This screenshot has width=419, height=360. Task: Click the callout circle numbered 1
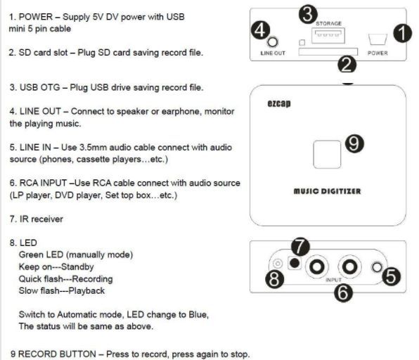(x=402, y=33)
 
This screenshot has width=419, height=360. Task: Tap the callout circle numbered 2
(x=347, y=64)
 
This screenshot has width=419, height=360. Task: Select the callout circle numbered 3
(x=308, y=14)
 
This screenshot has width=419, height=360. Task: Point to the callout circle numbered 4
(x=261, y=30)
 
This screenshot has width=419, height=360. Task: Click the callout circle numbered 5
(x=391, y=276)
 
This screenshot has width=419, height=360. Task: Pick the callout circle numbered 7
(x=300, y=246)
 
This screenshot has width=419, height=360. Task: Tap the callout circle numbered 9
(x=354, y=143)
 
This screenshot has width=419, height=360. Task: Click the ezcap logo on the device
(x=279, y=103)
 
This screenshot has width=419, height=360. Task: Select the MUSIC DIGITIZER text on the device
(x=328, y=191)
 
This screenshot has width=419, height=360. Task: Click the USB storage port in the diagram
(x=328, y=35)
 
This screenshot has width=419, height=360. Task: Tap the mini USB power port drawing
(x=378, y=39)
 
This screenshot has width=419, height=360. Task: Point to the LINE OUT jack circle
(x=273, y=42)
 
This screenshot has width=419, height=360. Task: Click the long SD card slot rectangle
(x=328, y=51)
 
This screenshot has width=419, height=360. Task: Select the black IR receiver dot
(x=295, y=263)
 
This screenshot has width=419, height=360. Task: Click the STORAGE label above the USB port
(x=329, y=23)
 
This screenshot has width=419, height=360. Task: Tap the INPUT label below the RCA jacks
(x=333, y=280)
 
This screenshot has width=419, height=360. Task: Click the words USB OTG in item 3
(x=40, y=87)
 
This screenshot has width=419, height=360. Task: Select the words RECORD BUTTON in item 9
(x=57, y=354)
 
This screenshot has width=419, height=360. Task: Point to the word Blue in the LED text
(x=198, y=314)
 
